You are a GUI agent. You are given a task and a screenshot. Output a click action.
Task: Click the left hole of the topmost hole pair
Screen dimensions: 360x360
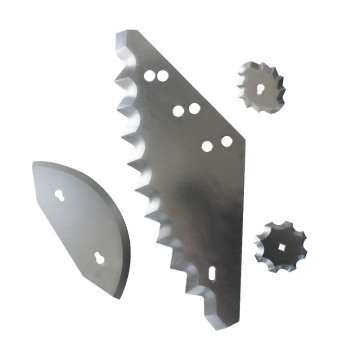(x=149, y=75)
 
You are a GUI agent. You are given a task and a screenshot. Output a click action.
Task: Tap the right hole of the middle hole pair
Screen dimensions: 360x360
(x=191, y=108)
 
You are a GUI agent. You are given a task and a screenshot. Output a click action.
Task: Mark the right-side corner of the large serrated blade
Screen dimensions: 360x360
(x=242, y=137)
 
